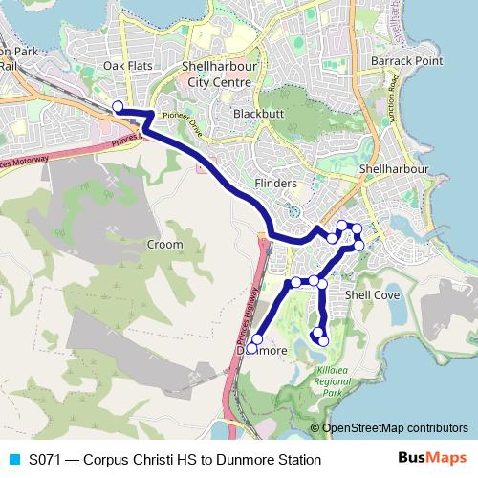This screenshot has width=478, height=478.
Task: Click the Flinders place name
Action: coord(276,182)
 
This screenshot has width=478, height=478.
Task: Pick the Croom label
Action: coord(164,245)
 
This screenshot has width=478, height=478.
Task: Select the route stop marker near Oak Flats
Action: coord(118,106)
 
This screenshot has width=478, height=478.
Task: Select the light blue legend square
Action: coord(12,460)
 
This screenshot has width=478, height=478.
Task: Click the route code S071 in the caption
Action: coord(47,460)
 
